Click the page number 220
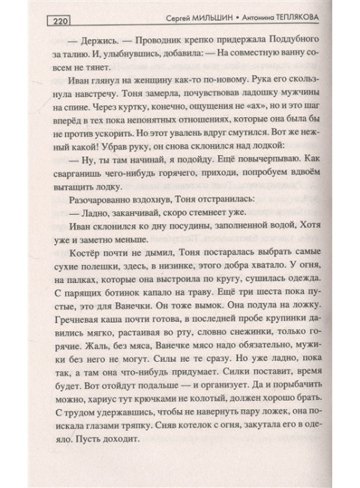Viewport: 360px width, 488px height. (x=58, y=21)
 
